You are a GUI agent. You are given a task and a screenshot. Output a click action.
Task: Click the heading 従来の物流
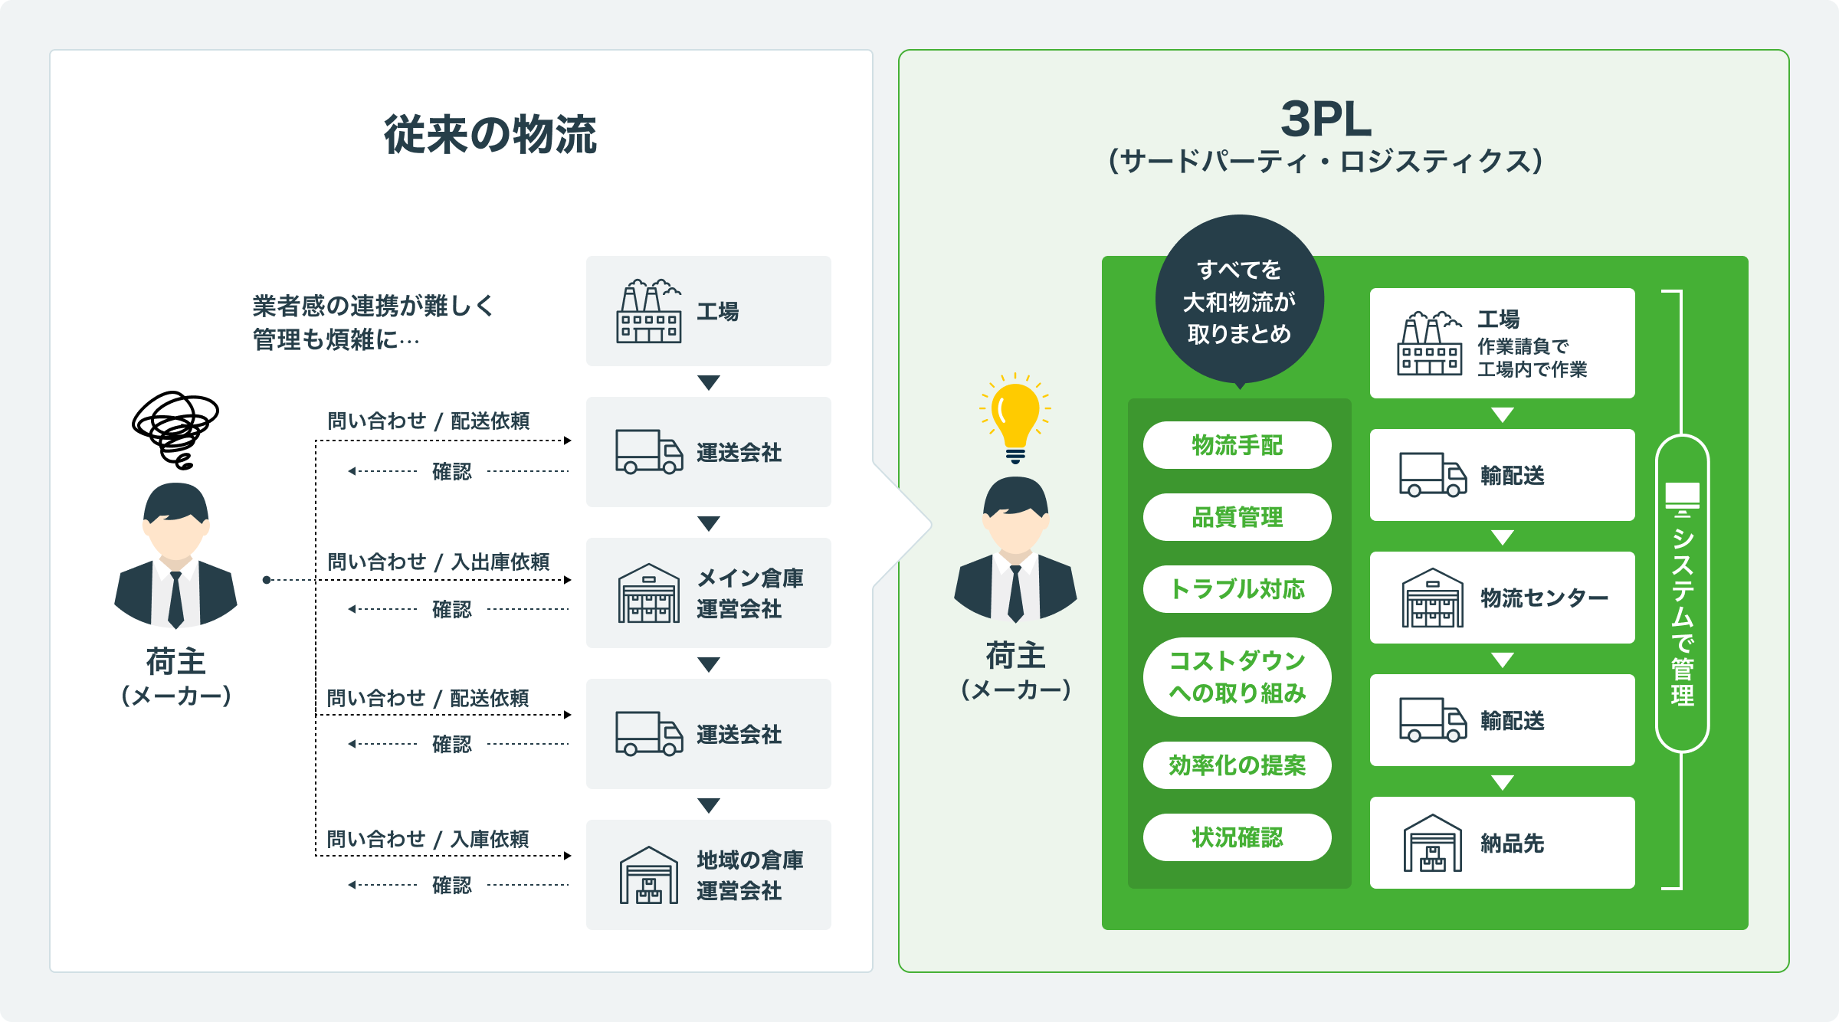click(490, 135)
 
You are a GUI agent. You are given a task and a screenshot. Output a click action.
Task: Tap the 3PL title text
click(1326, 120)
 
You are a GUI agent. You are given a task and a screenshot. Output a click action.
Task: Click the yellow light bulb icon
click(1015, 419)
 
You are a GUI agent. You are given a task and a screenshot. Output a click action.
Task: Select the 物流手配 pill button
click(1237, 445)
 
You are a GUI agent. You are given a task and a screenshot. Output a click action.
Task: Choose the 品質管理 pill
click(1237, 517)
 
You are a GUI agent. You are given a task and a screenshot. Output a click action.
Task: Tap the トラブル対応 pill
click(1237, 589)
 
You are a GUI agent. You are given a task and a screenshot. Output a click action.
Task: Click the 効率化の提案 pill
click(1237, 765)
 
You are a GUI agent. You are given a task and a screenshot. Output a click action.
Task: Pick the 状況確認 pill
click(1237, 837)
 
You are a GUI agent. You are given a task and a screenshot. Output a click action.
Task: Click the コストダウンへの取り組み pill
click(1237, 677)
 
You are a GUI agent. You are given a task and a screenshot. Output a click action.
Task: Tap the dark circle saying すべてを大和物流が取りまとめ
click(1239, 301)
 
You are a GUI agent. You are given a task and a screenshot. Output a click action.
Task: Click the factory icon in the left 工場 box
click(648, 311)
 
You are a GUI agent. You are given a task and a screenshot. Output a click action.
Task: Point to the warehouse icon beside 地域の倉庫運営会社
click(648, 875)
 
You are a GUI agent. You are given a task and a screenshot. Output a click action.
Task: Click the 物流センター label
click(1543, 598)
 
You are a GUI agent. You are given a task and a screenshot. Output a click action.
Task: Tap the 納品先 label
click(1512, 843)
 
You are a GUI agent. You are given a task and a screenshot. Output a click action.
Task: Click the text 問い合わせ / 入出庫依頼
click(438, 562)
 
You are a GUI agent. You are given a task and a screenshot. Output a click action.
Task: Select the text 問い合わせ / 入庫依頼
click(428, 839)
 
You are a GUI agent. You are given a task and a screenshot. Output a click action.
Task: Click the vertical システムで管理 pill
click(1682, 594)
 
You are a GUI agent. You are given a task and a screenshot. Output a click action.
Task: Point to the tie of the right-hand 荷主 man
click(1015, 594)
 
